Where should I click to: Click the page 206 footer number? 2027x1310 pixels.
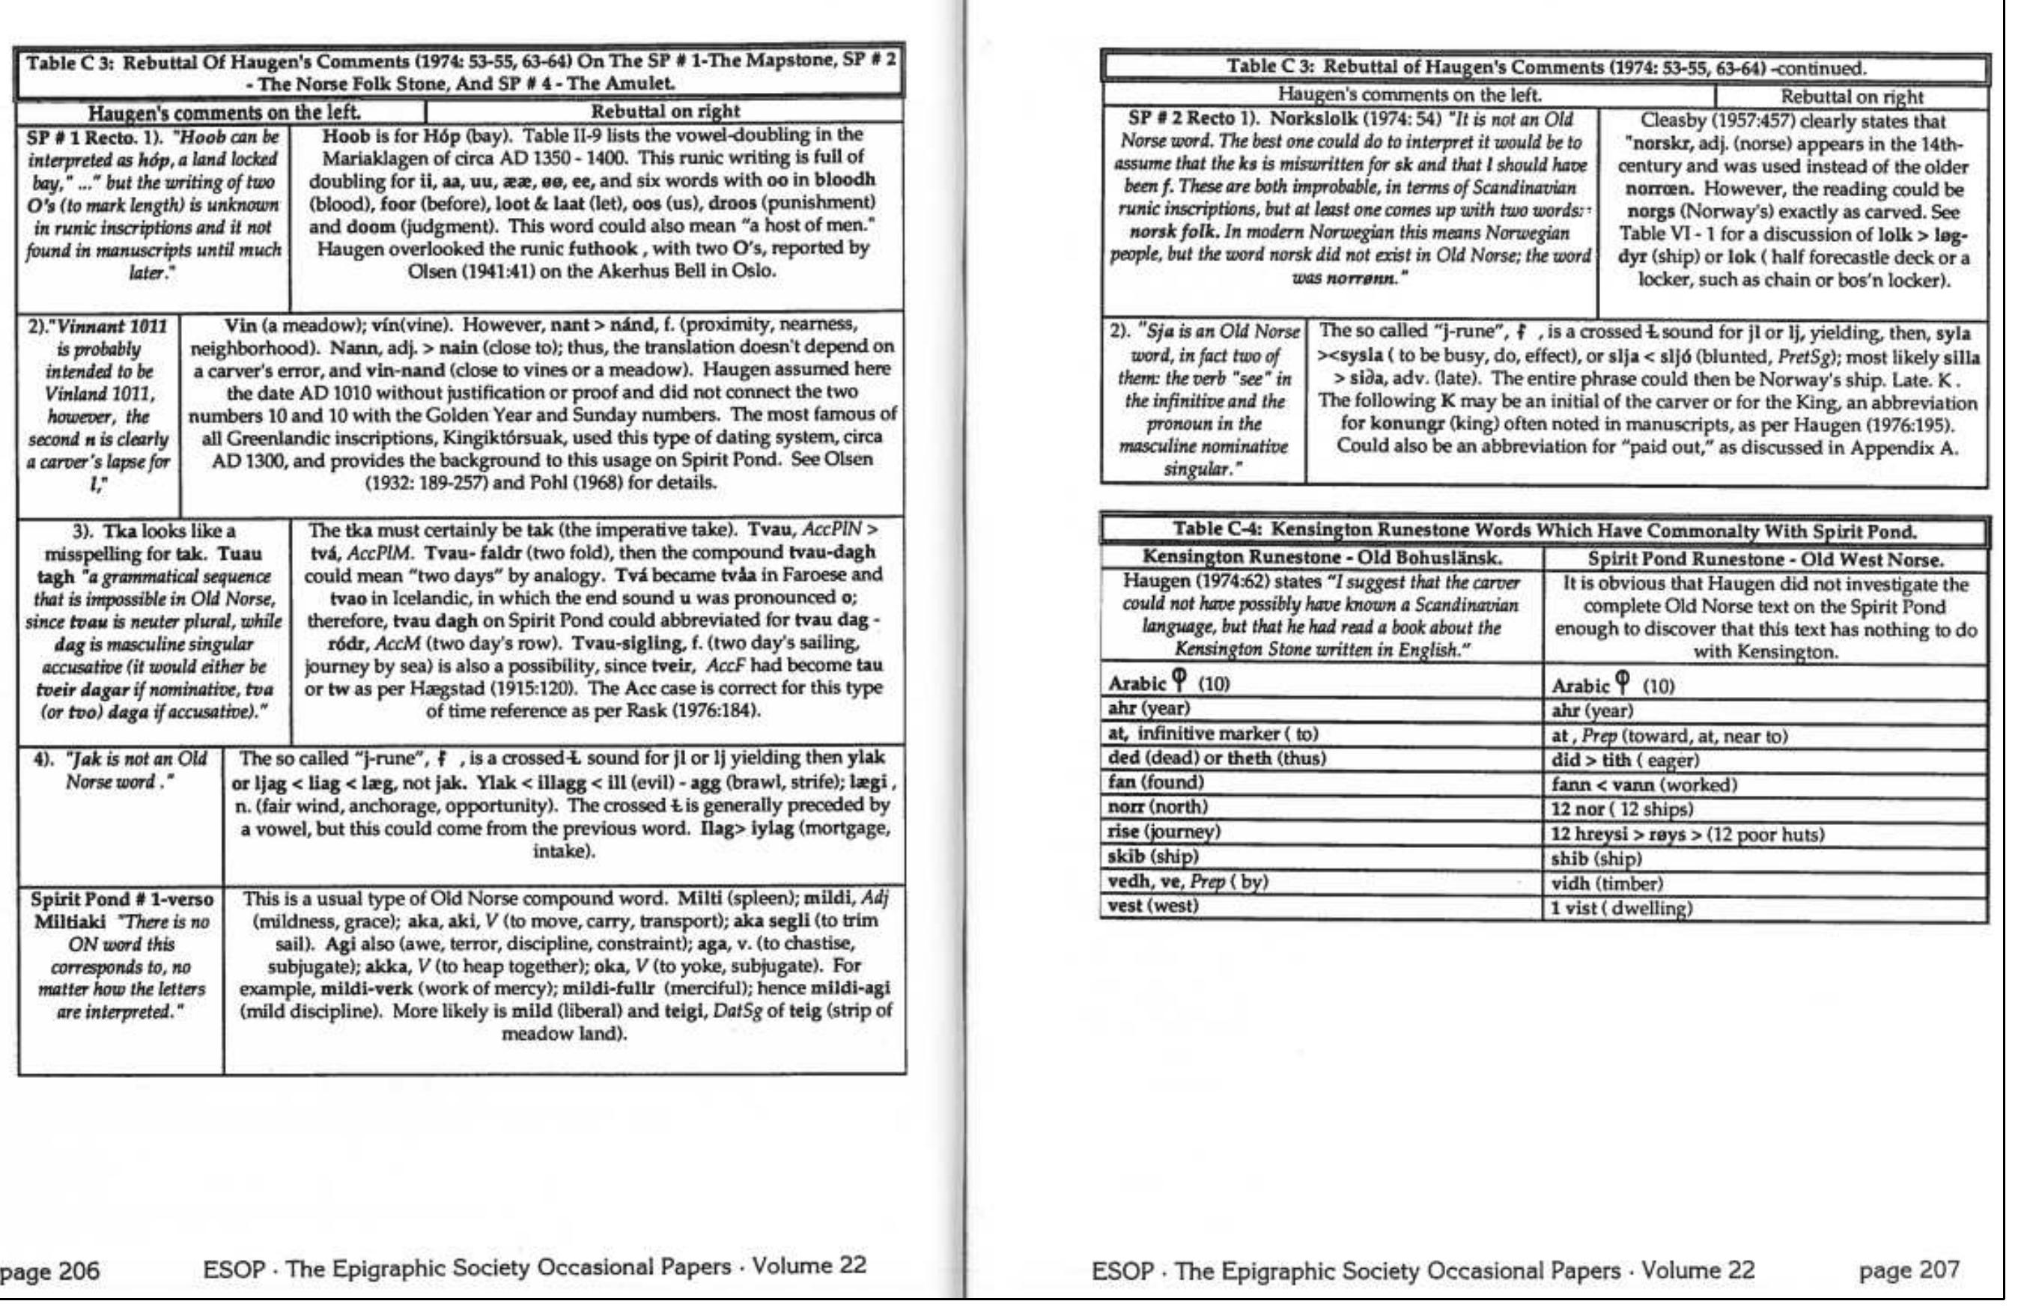(49, 1271)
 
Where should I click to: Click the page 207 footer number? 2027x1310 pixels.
(1909, 1271)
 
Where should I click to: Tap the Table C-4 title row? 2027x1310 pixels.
(1544, 531)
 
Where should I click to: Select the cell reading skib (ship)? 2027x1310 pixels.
(1153, 856)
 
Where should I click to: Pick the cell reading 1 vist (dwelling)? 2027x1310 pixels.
(1621, 909)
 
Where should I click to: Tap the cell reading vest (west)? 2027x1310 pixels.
(1153, 906)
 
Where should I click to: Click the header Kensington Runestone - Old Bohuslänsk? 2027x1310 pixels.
(1322, 558)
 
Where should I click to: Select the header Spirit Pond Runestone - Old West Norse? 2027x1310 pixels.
(1765, 560)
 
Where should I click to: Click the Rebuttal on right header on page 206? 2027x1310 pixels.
(665, 111)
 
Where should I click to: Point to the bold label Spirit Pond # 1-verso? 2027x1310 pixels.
(122, 899)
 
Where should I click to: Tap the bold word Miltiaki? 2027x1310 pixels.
(70, 922)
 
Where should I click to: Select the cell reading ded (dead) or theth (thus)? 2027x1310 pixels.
(1216, 758)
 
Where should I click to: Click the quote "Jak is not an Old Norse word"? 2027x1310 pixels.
(120, 770)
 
